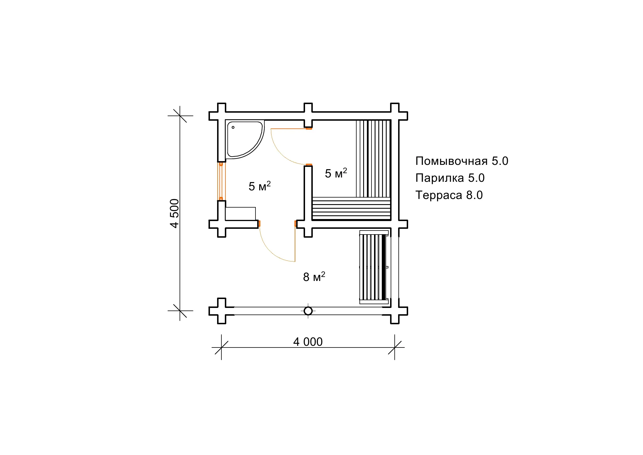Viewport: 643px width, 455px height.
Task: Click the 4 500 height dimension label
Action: coord(174,213)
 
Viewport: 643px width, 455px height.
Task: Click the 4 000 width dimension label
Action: coord(308,342)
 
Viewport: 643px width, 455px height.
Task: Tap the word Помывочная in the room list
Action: coord(451,161)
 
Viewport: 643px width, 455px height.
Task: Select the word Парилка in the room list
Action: coord(440,178)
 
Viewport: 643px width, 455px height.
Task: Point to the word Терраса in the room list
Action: coord(439,195)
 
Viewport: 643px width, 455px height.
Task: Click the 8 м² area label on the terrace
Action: coord(314,277)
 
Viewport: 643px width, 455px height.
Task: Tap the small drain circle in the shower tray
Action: coord(233,127)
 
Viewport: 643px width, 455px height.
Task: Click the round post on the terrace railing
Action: coord(308,311)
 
